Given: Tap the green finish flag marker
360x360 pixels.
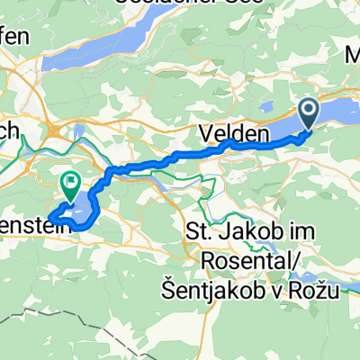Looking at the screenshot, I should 70,184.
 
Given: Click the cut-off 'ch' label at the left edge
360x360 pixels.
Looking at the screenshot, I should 9,130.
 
